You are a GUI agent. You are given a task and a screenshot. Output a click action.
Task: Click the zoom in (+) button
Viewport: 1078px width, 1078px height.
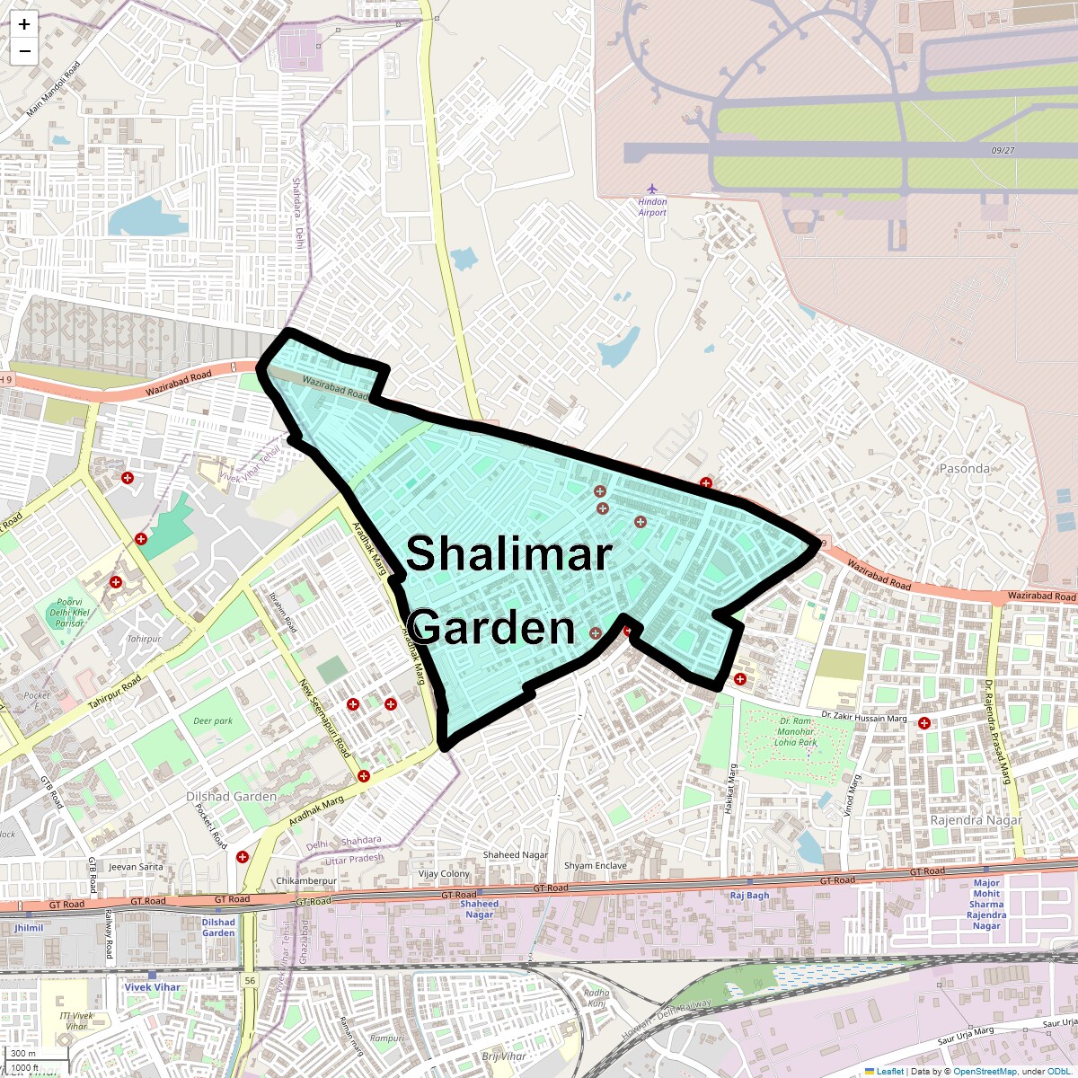point(24,24)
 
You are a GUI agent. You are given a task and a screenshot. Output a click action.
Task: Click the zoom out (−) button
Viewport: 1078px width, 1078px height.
point(24,51)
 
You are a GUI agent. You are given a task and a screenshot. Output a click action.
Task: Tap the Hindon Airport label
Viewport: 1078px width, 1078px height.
point(652,208)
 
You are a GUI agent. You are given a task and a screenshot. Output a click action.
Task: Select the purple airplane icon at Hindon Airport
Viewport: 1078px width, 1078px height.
point(652,189)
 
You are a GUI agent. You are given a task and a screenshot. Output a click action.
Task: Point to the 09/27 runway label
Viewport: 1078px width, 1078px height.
point(1003,150)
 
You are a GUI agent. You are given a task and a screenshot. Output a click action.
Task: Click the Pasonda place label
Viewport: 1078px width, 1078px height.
point(964,469)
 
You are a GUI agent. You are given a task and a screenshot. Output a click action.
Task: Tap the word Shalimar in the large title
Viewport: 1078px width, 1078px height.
point(508,553)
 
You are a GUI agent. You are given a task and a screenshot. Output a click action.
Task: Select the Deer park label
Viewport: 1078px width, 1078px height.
point(213,720)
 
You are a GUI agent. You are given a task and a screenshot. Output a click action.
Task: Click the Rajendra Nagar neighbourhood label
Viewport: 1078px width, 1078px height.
point(976,820)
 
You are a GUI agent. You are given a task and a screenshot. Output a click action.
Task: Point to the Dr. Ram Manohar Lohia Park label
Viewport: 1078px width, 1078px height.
point(796,731)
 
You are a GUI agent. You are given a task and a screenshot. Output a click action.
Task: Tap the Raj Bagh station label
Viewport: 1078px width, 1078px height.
point(749,896)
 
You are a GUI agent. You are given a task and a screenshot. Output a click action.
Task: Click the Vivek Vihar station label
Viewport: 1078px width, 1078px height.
point(152,986)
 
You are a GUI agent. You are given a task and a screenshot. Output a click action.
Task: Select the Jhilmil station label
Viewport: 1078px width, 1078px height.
point(29,928)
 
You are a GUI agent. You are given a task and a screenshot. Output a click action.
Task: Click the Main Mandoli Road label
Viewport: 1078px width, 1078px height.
point(53,89)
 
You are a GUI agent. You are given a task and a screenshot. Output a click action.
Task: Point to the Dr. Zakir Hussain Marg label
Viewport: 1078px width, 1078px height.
point(863,717)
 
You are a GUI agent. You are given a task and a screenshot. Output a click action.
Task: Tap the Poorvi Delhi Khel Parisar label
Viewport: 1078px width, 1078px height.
point(69,613)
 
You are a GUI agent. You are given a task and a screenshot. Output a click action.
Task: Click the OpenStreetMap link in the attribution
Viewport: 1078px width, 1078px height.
point(985,1071)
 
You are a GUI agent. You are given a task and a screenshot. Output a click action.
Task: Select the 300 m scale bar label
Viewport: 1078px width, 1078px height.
point(23,1054)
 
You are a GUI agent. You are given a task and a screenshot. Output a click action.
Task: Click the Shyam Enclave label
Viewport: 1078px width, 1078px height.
point(595,866)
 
